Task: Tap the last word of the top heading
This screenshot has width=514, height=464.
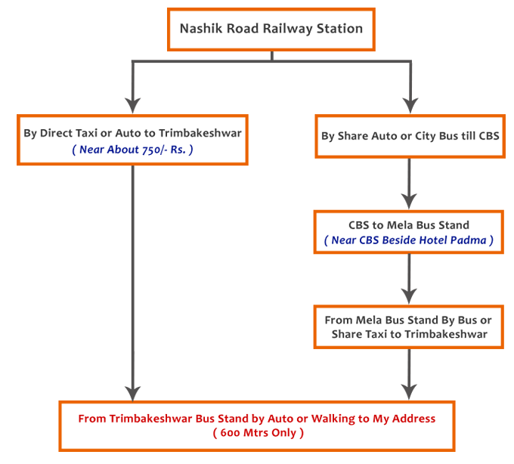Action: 340,29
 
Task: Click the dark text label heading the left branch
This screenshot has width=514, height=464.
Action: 133,135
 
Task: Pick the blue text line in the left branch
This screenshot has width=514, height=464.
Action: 133,150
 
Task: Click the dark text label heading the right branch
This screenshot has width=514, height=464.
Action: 409,137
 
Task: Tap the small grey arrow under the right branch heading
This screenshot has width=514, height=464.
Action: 409,184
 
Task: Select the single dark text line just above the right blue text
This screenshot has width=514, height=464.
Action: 409,224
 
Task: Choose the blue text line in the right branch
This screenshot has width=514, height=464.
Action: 409,240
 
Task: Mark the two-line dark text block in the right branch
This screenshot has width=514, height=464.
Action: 409,326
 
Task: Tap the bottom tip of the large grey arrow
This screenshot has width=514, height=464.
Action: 133,398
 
